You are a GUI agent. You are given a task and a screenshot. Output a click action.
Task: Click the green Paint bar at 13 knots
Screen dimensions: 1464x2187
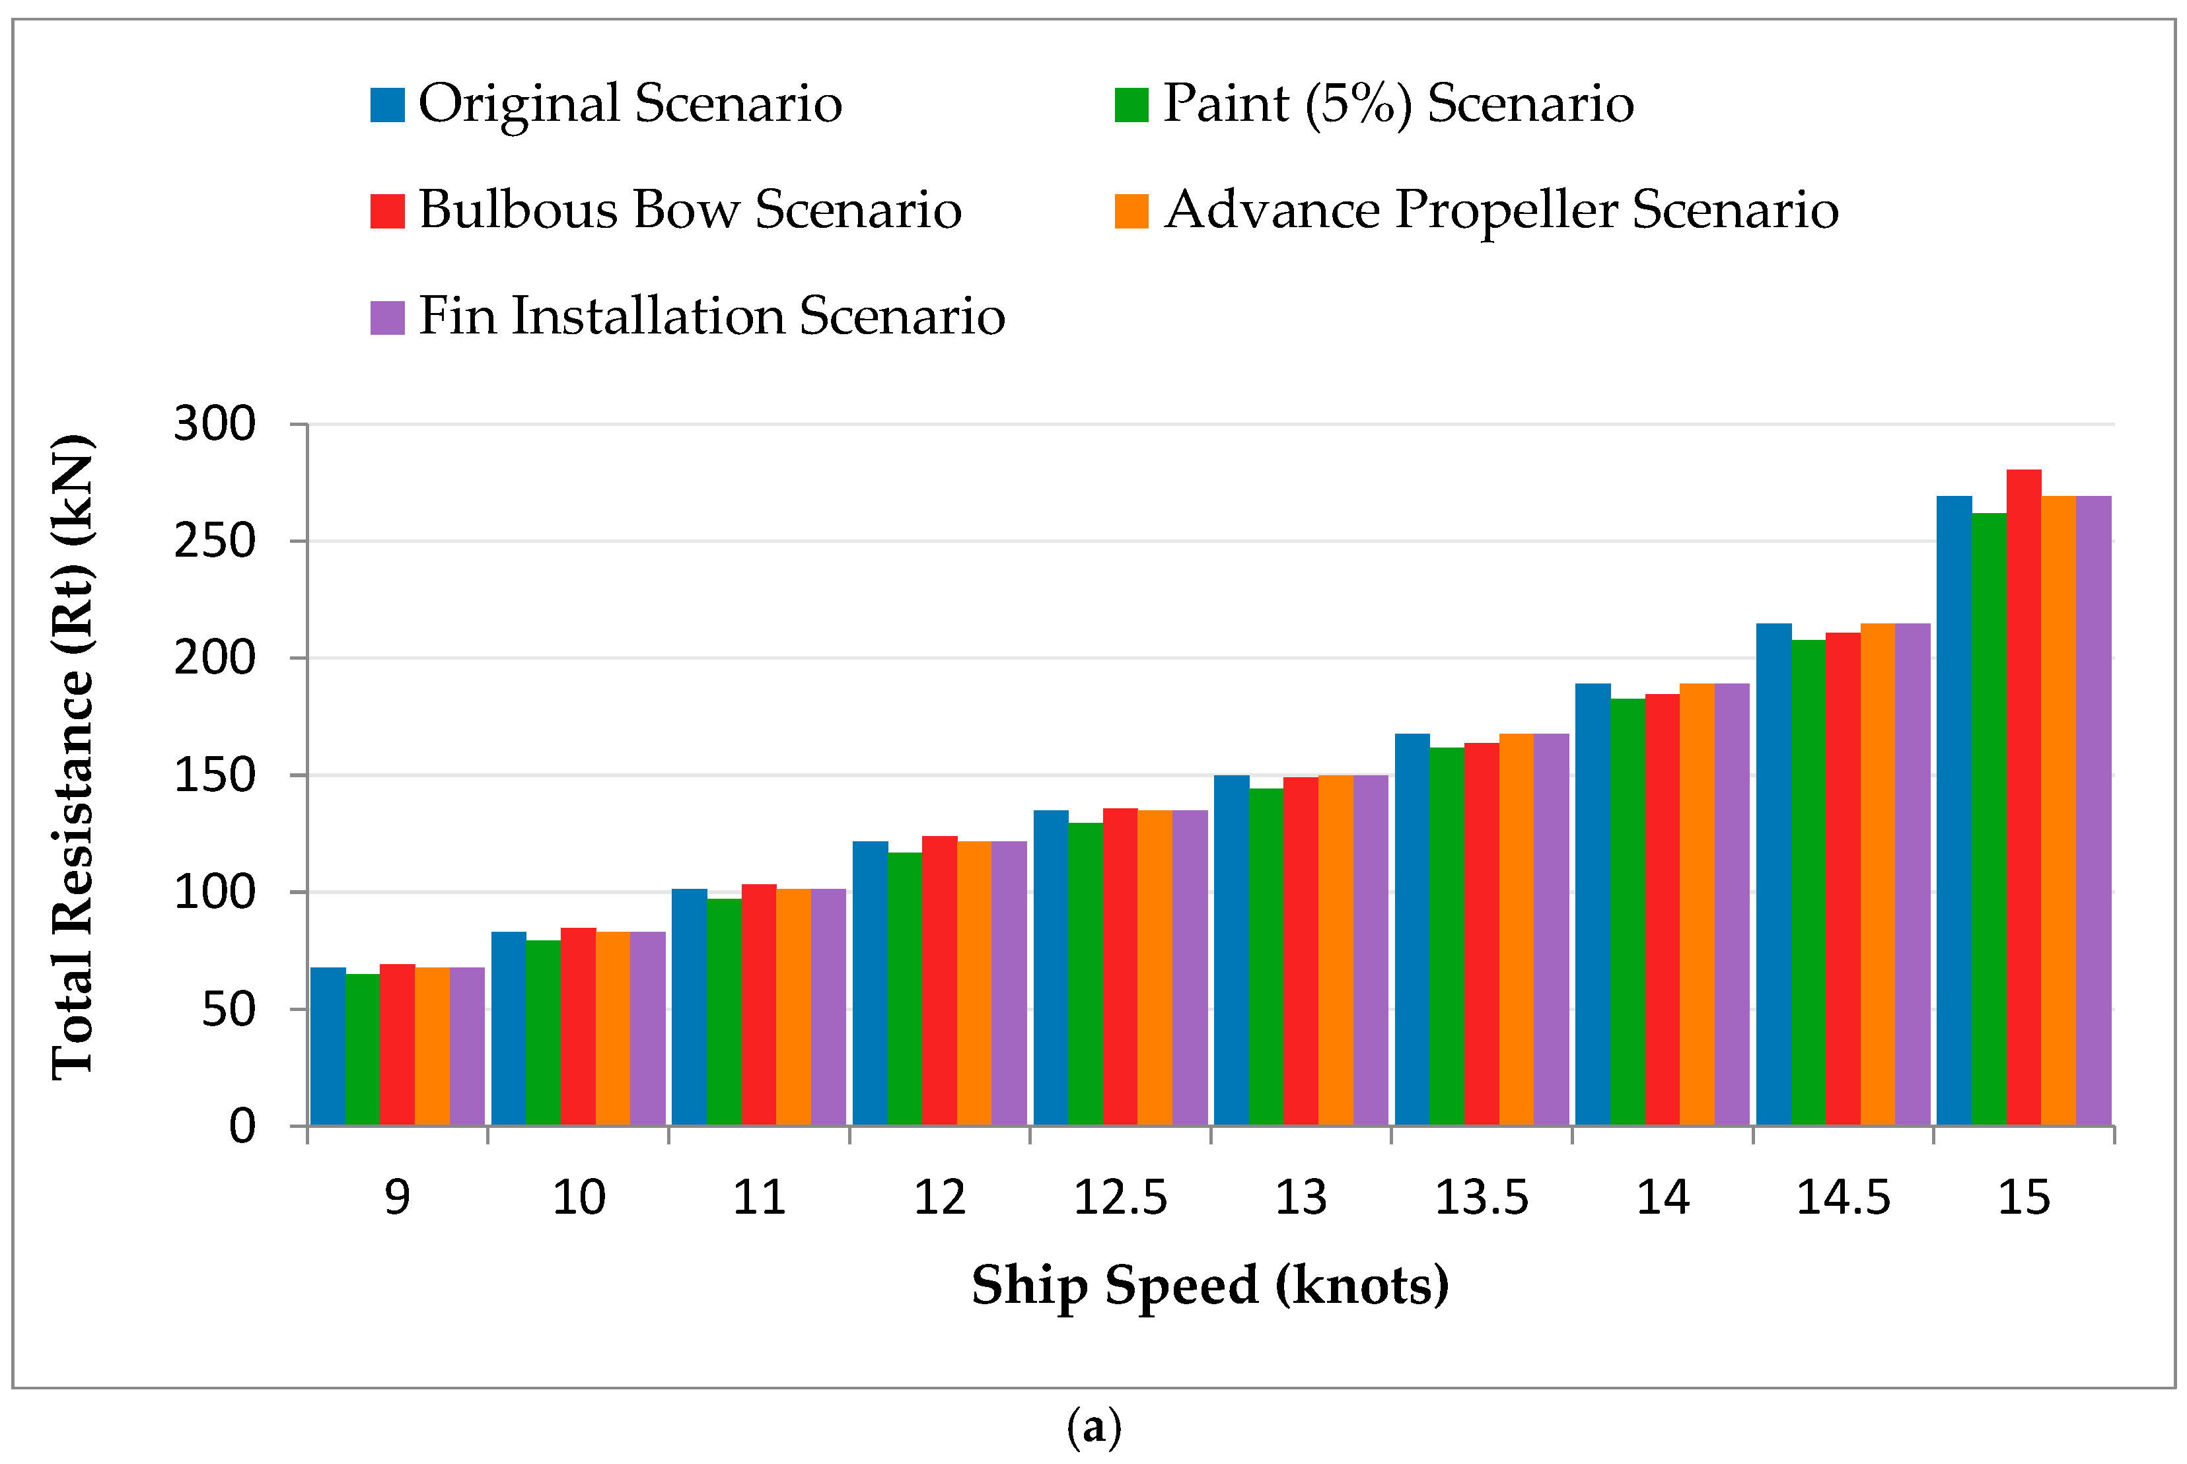1266,956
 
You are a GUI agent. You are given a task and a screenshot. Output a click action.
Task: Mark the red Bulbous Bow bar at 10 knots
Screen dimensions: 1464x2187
578,1026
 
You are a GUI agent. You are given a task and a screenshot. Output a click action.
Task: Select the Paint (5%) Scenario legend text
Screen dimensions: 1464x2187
1398,103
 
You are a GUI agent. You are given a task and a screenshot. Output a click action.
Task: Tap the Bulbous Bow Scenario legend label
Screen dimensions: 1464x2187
689,209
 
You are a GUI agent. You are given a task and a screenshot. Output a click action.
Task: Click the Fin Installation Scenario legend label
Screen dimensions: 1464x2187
711,316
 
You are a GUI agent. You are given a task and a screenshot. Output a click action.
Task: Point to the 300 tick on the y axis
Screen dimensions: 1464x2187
214,424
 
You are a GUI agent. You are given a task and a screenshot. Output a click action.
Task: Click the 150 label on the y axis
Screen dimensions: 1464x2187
214,775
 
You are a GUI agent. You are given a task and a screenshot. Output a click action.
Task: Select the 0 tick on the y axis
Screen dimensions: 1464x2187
242,1127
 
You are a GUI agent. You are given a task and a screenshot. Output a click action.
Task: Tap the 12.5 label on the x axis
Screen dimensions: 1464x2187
1120,1198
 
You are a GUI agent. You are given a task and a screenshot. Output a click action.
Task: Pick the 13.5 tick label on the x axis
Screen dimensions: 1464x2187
1481,1198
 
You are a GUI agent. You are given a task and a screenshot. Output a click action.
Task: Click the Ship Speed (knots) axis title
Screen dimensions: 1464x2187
1209,1286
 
